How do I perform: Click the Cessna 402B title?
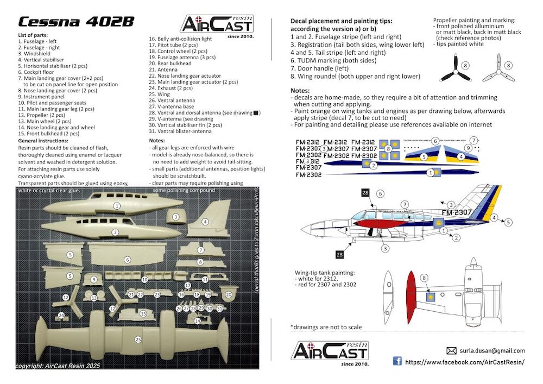coord(76,22)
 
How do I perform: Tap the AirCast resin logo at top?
coord(217,24)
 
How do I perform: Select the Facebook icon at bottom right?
coord(397,361)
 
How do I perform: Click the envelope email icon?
coord(451,351)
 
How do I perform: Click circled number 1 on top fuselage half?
coord(117,206)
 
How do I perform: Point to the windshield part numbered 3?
coord(175,217)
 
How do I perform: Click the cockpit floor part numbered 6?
coord(128,259)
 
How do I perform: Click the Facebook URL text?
coord(465,362)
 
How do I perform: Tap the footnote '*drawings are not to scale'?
coord(326,327)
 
